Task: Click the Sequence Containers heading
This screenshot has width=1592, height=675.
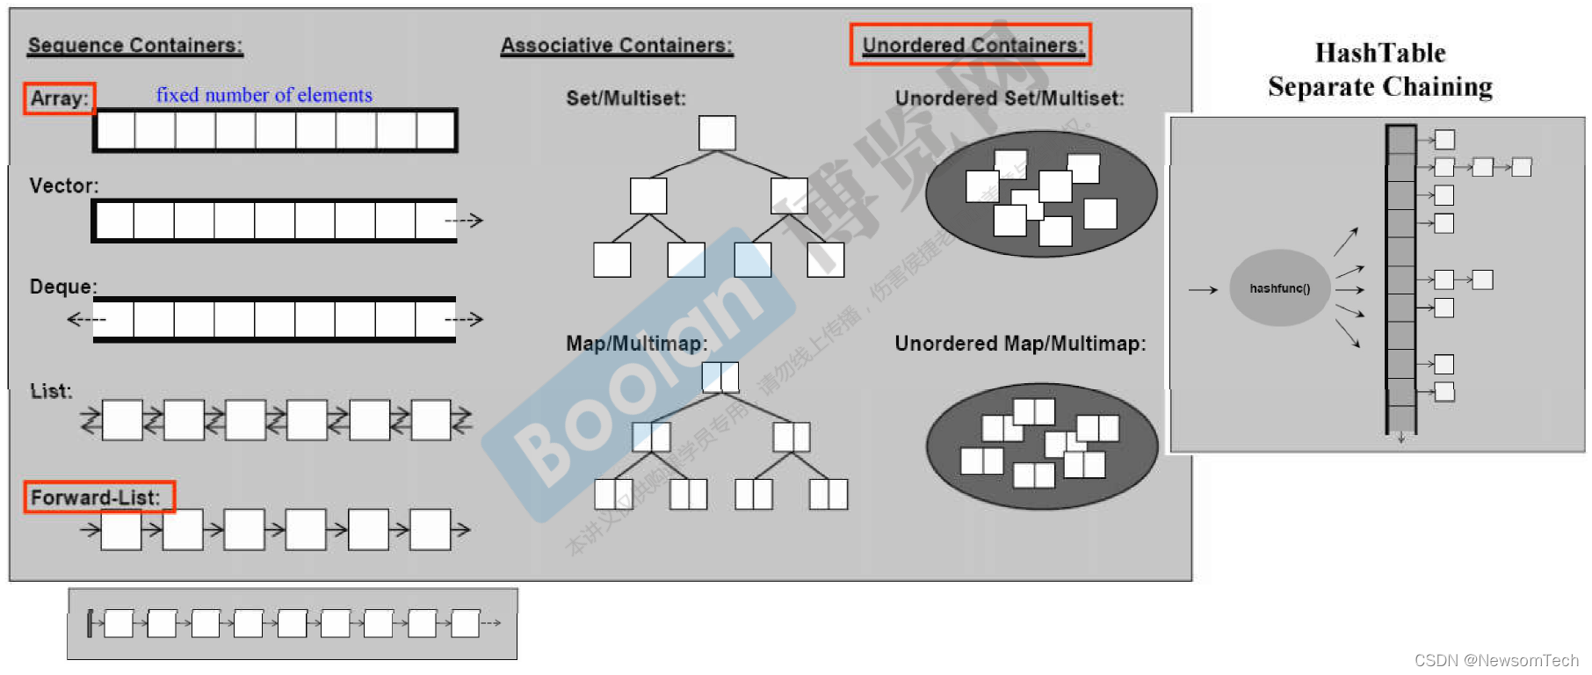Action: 135,46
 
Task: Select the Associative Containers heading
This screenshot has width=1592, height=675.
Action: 616,46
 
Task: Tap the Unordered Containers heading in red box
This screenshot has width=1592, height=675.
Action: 971,45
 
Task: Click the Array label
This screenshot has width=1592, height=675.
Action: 60,98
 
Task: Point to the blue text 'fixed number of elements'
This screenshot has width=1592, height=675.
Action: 264,95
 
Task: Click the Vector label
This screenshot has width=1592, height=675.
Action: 64,185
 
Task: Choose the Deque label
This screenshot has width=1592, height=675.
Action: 63,287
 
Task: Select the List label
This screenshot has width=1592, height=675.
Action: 51,391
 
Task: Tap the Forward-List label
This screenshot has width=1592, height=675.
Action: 96,497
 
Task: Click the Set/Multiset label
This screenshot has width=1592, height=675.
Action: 626,98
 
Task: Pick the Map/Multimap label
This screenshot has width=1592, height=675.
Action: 636,344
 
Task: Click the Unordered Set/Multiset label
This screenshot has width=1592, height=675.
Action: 1009,98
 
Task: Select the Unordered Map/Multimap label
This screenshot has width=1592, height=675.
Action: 1020,344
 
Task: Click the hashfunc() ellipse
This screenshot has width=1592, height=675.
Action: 1279,288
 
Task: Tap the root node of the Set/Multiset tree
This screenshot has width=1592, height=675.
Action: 717,134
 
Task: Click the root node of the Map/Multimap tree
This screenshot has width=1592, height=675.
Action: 720,377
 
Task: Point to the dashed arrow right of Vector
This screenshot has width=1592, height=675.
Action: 464,220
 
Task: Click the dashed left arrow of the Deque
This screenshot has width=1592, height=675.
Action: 86,319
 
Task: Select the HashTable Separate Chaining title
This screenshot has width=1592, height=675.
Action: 1379,69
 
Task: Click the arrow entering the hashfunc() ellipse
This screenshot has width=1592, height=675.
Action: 1203,289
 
